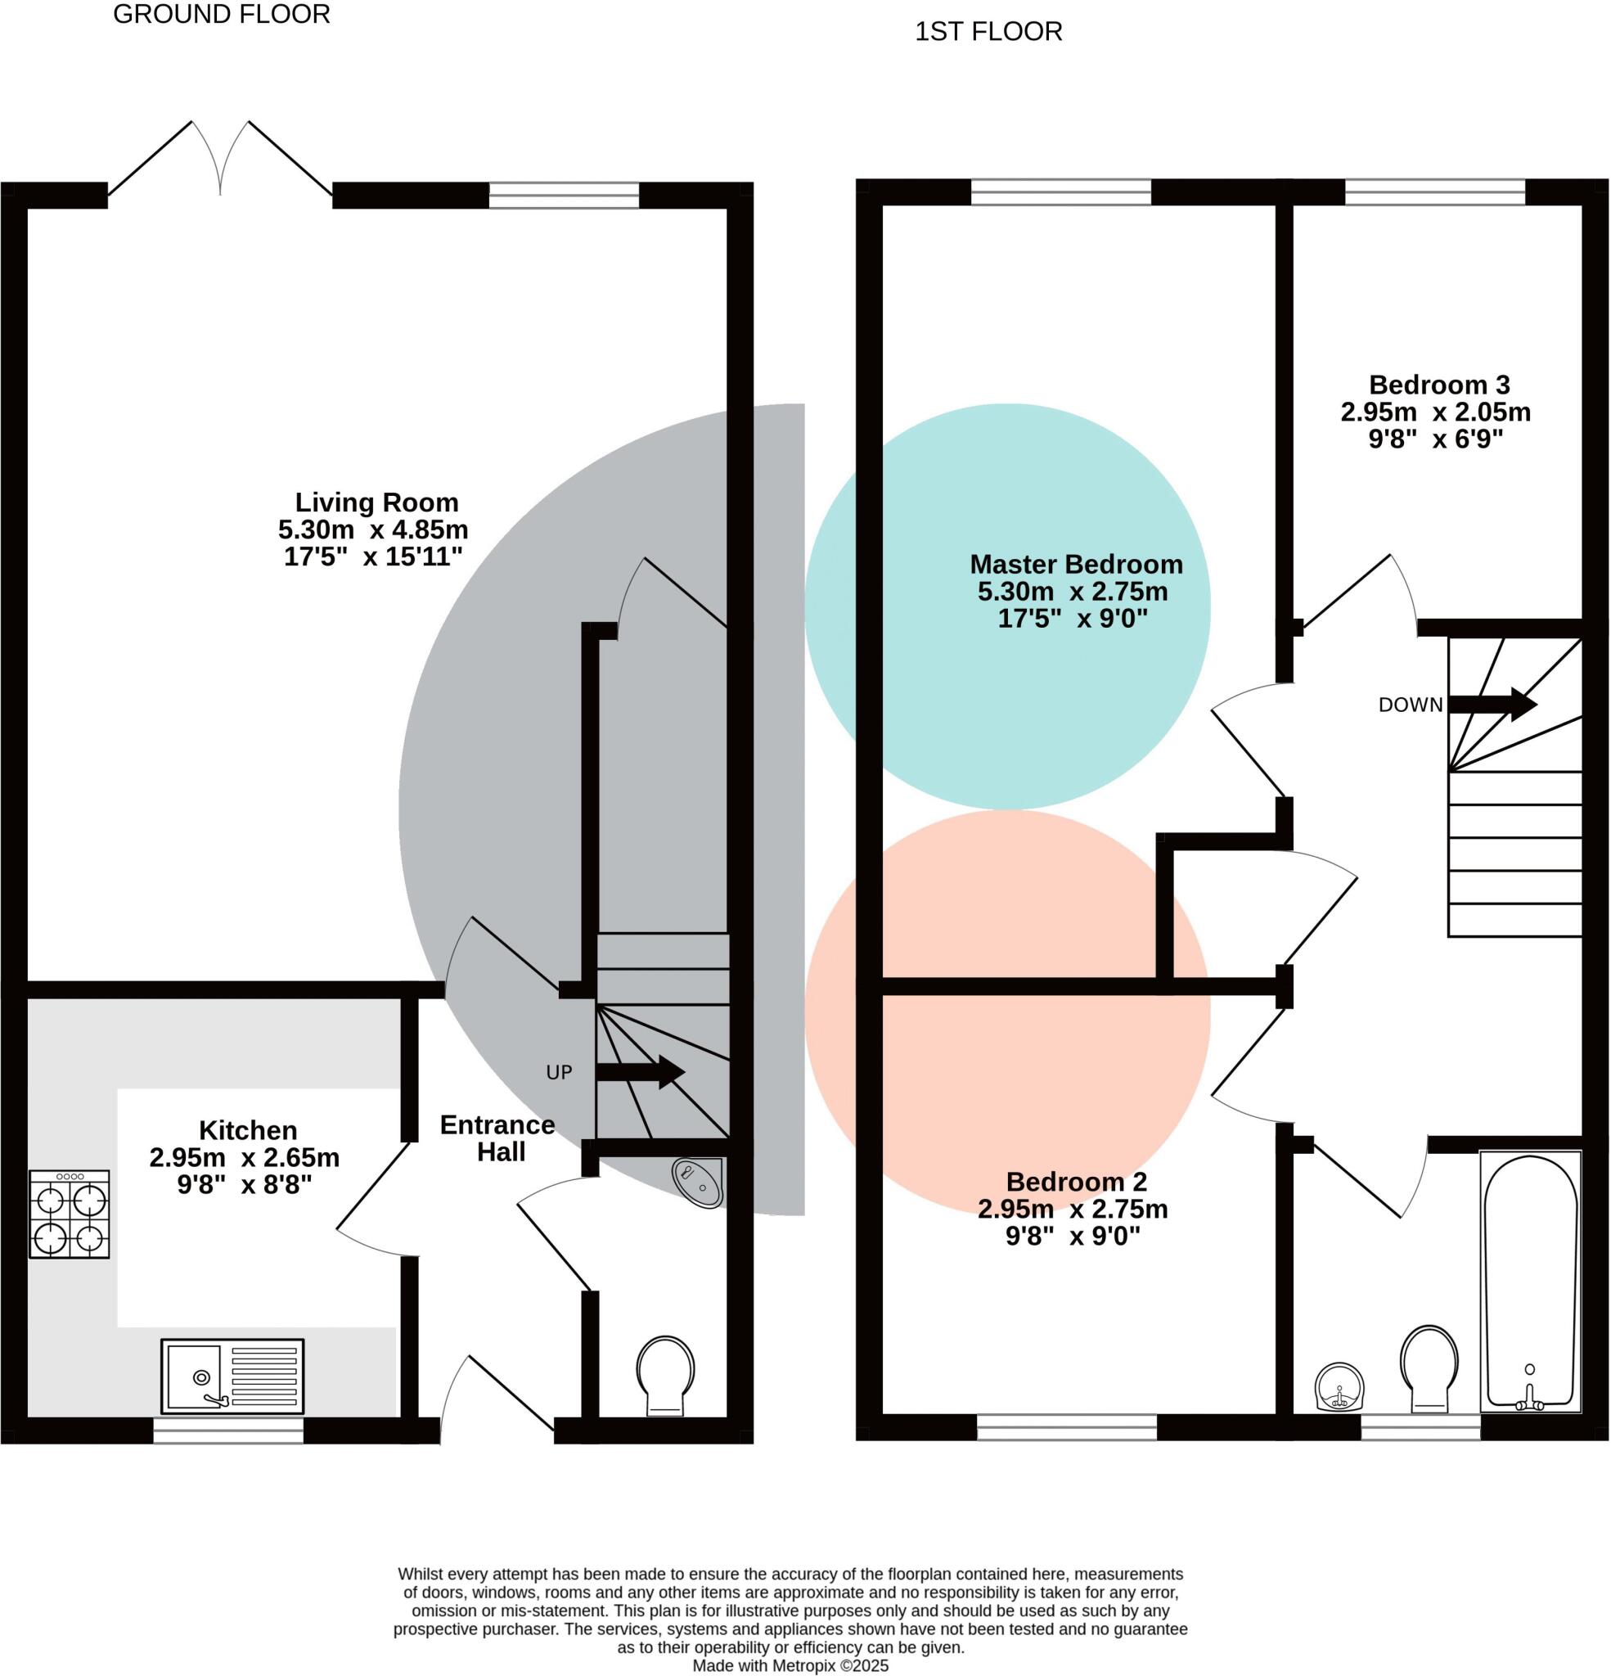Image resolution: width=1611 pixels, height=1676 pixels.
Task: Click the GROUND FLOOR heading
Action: click(222, 15)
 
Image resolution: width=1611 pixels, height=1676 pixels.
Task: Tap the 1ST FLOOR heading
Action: click(988, 32)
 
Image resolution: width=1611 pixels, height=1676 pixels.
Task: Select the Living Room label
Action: click(376, 502)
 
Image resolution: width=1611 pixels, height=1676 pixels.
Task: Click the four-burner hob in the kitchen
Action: click(70, 1214)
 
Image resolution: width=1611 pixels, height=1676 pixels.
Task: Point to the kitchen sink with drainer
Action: click(232, 1376)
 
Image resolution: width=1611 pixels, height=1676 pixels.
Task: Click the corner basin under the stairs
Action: click(700, 1183)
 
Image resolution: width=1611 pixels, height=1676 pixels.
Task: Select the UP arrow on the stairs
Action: click(640, 1071)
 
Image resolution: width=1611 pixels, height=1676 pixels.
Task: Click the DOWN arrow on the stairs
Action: click(1492, 705)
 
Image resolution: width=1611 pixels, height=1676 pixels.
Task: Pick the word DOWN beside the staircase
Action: click(1410, 705)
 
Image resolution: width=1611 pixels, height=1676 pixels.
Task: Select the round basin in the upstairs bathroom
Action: click(1339, 1387)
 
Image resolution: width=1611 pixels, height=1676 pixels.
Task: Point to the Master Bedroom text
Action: click(1076, 565)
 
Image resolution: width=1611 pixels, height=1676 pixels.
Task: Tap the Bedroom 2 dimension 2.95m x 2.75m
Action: click(1073, 1209)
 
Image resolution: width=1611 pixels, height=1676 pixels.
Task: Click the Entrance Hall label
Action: click(498, 1138)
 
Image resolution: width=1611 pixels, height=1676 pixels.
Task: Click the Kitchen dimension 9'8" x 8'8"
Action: click(245, 1185)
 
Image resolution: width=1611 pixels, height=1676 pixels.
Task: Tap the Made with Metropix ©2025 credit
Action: click(790, 1665)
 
